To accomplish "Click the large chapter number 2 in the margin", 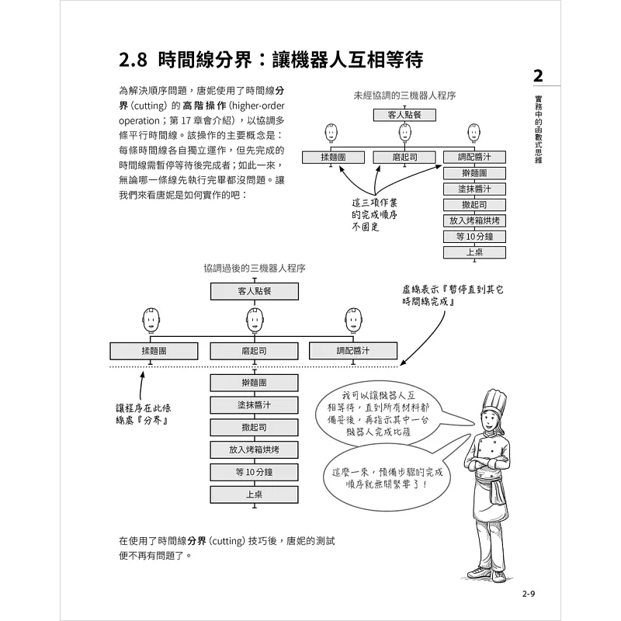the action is [x=537, y=76].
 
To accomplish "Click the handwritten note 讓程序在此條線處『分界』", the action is [x=141, y=413].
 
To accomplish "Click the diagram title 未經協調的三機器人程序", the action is [x=404, y=95].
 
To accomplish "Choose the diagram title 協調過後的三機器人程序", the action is [x=254, y=268].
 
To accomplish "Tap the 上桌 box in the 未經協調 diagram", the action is [x=474, y=252].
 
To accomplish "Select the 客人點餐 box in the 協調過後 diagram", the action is [x=254, y=291].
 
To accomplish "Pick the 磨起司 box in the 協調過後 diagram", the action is [x=254, y=351].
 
